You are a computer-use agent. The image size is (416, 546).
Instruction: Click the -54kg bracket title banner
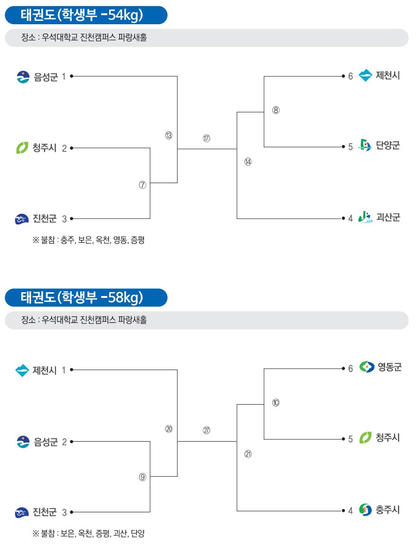coord(86,15)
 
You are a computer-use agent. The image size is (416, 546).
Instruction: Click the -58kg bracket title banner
coord(86,297)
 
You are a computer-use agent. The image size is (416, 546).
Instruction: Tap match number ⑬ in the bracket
coord(169,136)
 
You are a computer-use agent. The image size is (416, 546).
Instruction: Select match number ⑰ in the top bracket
coord(207,138)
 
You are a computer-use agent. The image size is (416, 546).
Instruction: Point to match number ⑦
coord(142,185)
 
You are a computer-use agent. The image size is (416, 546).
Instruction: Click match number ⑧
coord(276,110)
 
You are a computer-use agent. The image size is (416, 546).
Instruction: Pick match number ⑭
coord(248,162)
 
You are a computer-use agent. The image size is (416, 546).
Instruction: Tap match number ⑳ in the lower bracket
coord(169,429)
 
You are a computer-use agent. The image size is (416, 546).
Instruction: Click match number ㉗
coord(207,430)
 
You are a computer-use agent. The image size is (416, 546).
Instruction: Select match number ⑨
coord(142,477)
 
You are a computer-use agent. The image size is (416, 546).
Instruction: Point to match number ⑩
coord(276,403)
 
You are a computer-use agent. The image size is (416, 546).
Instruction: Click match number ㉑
coord(248,453)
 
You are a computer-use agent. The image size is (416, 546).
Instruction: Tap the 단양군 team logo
coord(365,145)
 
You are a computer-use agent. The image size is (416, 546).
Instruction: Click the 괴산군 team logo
coord(366,217)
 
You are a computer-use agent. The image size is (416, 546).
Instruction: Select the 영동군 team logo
coord(367,367)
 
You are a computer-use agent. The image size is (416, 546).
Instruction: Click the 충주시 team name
coord(388,510)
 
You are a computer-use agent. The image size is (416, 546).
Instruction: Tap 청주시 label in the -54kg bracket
coord(45,148)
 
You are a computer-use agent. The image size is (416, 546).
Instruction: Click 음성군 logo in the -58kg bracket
coord(23,442)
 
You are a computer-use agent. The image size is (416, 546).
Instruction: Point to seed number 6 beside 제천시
coord(350,76)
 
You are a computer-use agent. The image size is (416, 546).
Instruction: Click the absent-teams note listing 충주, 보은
coord(89,240)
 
